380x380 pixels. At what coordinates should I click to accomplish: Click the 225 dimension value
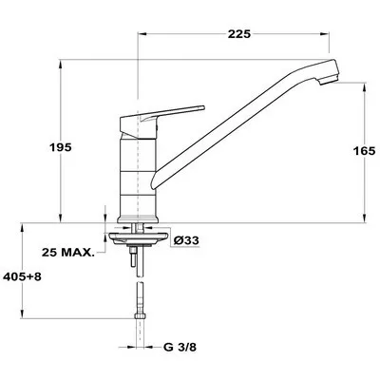point(239,34)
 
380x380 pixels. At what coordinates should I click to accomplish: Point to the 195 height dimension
point(60,147)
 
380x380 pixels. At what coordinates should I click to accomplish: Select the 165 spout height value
point(364,151)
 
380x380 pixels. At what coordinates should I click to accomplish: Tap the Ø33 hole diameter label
point(186,240)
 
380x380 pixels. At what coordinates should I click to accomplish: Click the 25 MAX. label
point(68,253)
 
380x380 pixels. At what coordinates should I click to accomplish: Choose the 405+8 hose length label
point(22,276)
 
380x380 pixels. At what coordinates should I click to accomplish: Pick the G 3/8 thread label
point(180,348)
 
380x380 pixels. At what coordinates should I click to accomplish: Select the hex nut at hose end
point(140,315)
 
